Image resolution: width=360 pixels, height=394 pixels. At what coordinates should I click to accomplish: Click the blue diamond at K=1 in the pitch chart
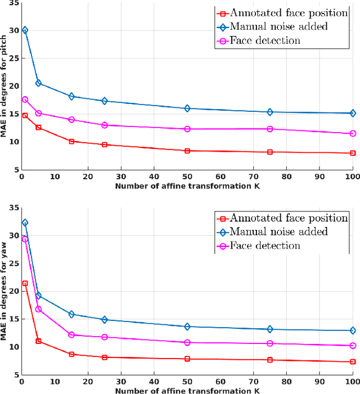click(x=25, y=30)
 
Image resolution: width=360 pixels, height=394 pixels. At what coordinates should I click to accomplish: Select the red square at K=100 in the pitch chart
click(x=353, y=153)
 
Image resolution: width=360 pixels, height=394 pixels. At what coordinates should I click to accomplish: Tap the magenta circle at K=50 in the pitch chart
click(x=187, y=129)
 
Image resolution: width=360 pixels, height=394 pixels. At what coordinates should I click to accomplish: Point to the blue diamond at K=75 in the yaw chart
click(x=270, y=329)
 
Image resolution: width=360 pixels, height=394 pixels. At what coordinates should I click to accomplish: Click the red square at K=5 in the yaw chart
click(x=38, y=341)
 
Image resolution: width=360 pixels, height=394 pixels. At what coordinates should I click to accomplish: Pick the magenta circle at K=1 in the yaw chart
click(x=25, y=239)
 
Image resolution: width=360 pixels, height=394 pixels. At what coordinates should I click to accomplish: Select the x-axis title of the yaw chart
click(x=187, y=391)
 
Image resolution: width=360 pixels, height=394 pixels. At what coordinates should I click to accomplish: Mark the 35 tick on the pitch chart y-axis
click(x=14, y=3)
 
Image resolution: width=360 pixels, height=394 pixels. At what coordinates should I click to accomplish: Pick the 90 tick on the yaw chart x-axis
click(x=319, y=382)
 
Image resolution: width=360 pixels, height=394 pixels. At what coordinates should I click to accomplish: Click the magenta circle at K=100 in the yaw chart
click(x=353, y=346)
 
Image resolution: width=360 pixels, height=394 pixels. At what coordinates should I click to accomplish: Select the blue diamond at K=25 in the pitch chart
click(x=105, y=101)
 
